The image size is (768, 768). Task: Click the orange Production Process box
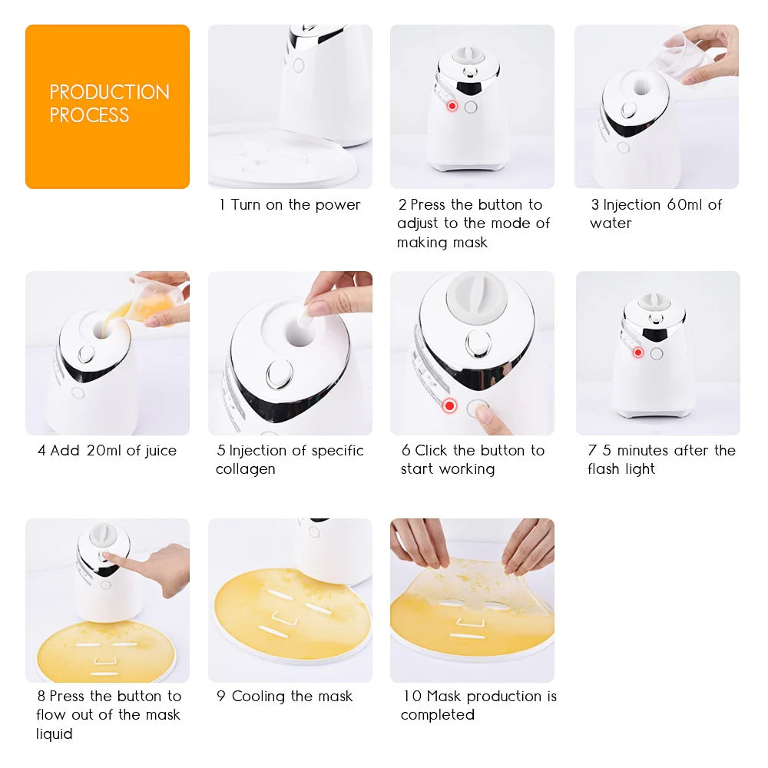(x=107, y=106)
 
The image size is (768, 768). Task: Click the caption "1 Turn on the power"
(x=290, y=205)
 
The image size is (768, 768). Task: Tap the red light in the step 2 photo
(x=452, y=106)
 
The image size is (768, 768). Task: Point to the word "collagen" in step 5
(x=245, y=469)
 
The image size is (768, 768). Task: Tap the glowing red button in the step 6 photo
(x=449, y=406)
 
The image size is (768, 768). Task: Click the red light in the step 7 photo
(x=637, y=353)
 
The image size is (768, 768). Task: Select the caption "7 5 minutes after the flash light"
(x=661, y=459)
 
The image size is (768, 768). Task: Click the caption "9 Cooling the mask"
(x=284, y=697)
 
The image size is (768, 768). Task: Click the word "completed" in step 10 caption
(x=437, y=715)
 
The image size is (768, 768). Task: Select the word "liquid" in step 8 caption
(x=55, y=734)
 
